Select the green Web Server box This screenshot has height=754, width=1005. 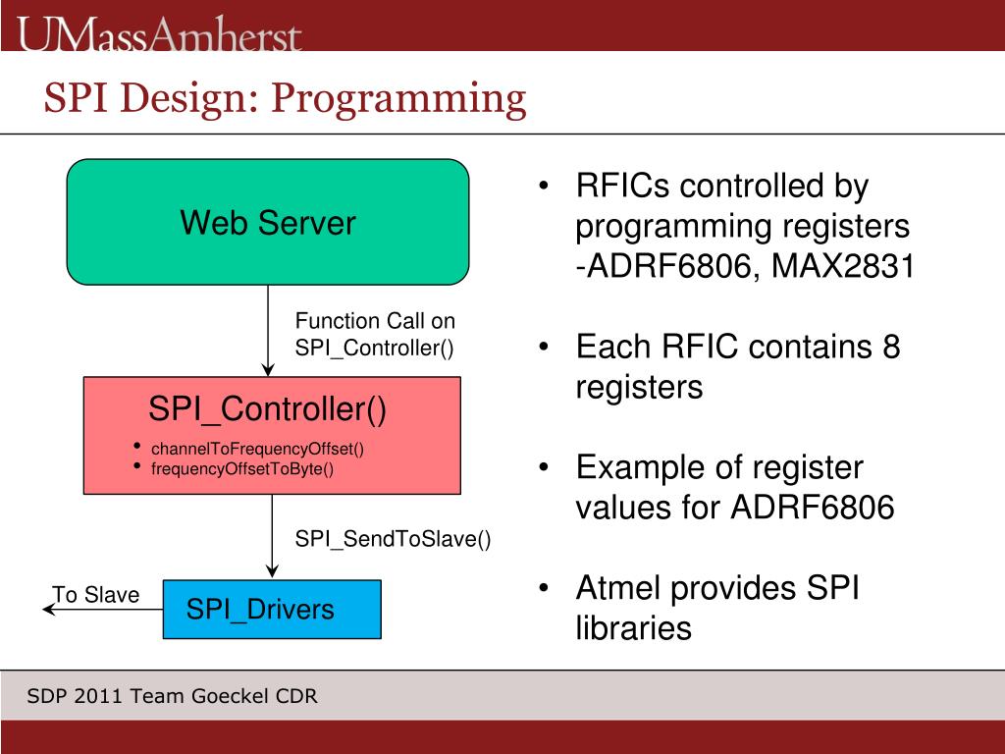[x=267, y=223]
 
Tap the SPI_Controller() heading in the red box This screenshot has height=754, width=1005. [x=267, y=409]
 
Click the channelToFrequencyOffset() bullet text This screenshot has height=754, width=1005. [x=257, y=450]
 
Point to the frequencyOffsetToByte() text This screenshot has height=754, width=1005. [x=242, y=468]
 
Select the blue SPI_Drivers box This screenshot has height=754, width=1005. [x=271, y=610]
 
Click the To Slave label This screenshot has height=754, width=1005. [x=95, y=595]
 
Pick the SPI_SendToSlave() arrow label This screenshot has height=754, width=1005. [x=393, y=538]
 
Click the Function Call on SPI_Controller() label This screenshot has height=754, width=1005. [x=376, y=334]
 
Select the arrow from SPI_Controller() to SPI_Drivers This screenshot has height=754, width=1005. [x=273, y=536]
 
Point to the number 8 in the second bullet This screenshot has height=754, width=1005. [x=889, y=347]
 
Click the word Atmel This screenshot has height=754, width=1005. [x=620, y=588]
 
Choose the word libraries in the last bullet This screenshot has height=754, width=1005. [x=633, y=628]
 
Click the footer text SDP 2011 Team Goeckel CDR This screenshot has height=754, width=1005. [x=172, y=697]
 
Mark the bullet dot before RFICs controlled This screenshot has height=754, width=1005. [x=543, y=187]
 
